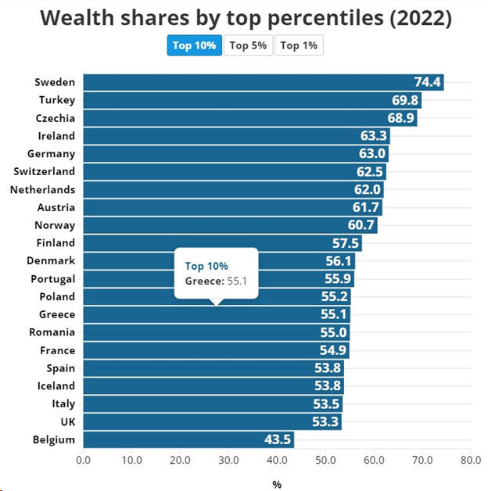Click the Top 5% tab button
pyautogui.click(x=249, y=45)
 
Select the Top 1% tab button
pyautogui.click(x=299, y=45)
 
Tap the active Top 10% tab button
pyautogui.click(x=194, y=45)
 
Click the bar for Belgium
pyautogui.click(x=188, y=439)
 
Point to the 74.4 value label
pyautogui.click(x=428, y=82)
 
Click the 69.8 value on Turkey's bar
pyautogui.click(x=406, y=100)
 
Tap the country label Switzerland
pyautogui.click(x=45, y=171)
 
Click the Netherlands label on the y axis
pyautogui.click(x=42, y=189)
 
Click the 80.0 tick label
pyautogui.click(x=470, y=460)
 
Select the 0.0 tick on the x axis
pyautogui.click(x=83, y=460)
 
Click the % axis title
pyautogui.click(x=277, y=484)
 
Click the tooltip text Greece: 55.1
pyautogui.click(x=214, y=280)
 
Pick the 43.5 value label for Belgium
pyautogui.click(x=278, y=439)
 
